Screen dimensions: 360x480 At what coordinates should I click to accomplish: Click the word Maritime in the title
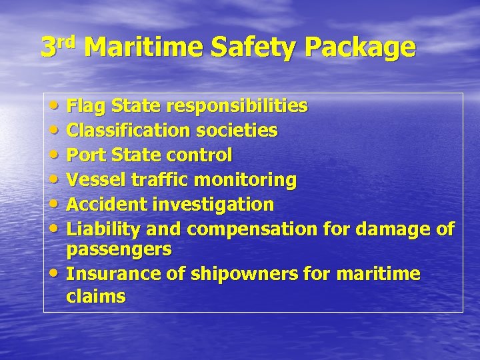coord(143,47)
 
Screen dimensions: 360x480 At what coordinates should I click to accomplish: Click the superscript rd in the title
coord(65,41)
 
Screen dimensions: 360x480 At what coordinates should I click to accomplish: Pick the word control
coord(199,155)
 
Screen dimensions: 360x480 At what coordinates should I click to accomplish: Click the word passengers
coord(119,251)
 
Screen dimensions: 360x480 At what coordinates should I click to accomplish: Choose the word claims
coord(95,296)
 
